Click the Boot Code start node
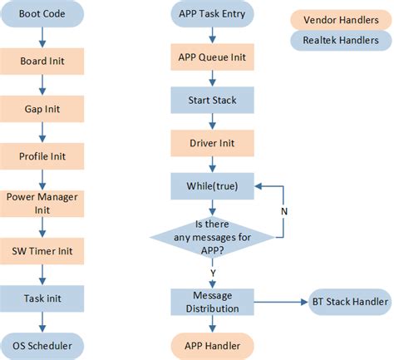click(42, 13)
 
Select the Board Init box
click(42, 60)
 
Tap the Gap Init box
click(42, 107)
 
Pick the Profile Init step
click(42, 155)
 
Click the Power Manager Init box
click(42, 203)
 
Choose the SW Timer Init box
click(42, 250)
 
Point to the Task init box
click(42, 298)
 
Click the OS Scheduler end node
click(42, 344)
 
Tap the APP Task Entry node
click(211, 13)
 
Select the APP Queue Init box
click(211, 58)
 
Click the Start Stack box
click(211, 101)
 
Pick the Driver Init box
click(211, 142)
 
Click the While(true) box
click(211, 185)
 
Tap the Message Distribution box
click(211, 302)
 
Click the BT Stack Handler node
click(348, 302)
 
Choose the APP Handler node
click(211, 344)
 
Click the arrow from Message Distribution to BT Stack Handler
click(278, 302)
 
